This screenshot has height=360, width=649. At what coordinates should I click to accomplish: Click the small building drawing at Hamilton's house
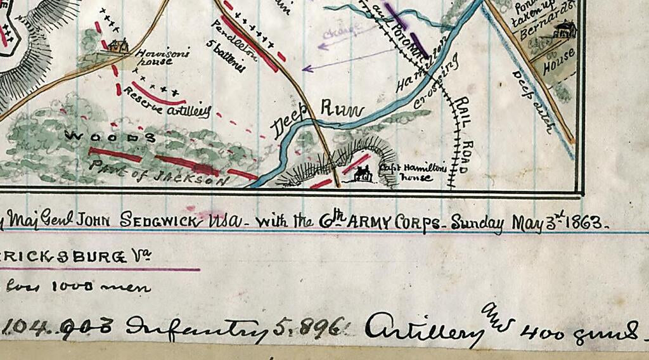pyautogui.click(x=363, y=173)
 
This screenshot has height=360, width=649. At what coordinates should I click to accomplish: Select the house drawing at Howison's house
pyautogui.click(x=117, y=45)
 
